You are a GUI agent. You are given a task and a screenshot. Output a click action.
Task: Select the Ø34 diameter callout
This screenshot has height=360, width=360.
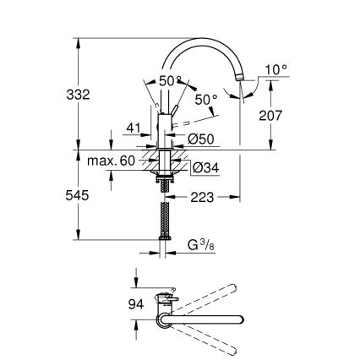pos(207,168)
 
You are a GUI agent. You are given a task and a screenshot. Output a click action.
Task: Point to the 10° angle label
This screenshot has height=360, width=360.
pos(275,68)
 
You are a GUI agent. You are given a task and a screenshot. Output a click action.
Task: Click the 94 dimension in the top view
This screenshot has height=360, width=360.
pos(134,304)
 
